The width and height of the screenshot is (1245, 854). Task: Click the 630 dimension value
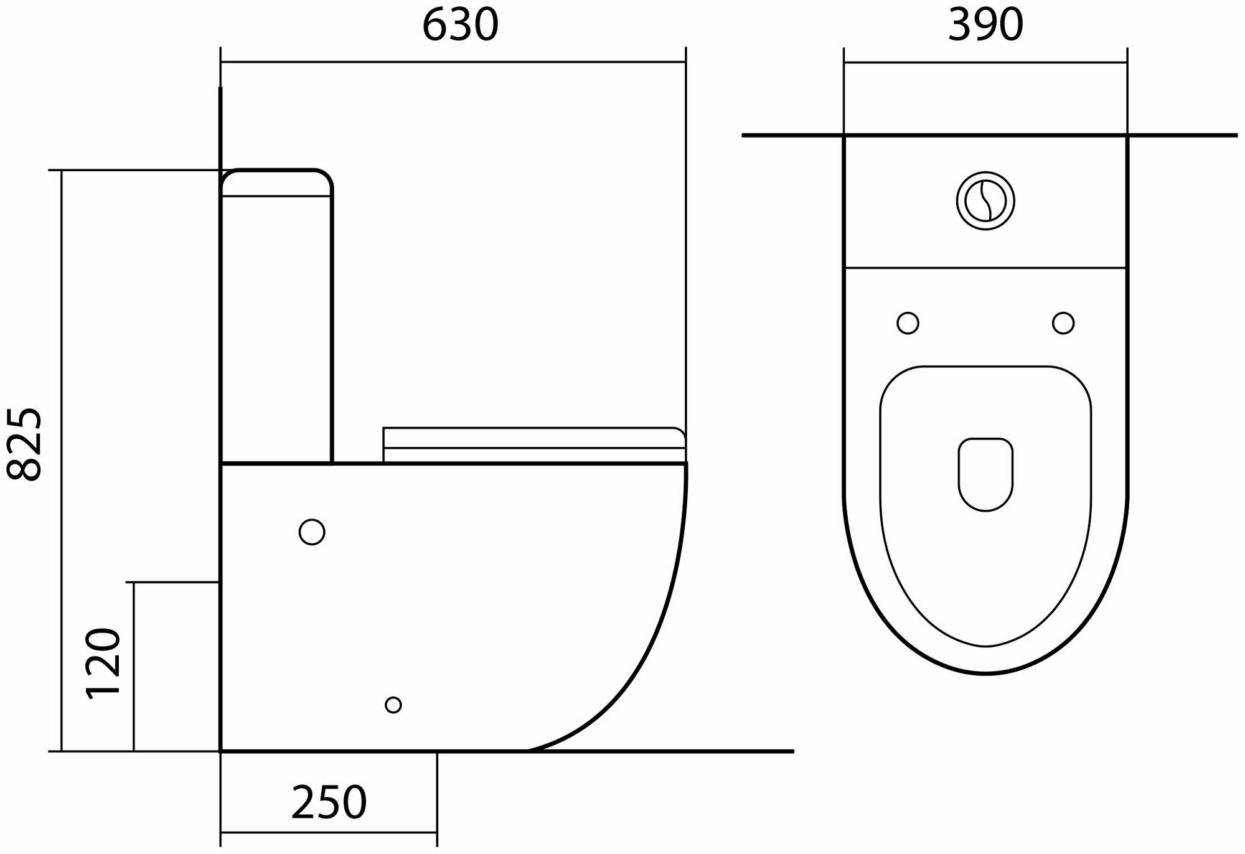[x=460, y=25]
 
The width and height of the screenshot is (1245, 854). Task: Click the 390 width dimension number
[x=985, y=25]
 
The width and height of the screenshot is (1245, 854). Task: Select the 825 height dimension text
[x=24, y=444]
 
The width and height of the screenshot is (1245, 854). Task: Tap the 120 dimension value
[x=103, y=664]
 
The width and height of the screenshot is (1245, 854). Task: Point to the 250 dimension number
[x=329, y=802]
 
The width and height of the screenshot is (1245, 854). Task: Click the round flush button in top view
[x=985, y=201]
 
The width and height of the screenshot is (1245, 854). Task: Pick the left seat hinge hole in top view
[x=908, y=323]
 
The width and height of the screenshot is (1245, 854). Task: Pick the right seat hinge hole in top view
[x=1063, y=323]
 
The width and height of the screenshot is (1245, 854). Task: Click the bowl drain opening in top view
[x=985, y=474]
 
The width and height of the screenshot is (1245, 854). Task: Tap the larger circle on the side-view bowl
[x=312, y=532]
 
